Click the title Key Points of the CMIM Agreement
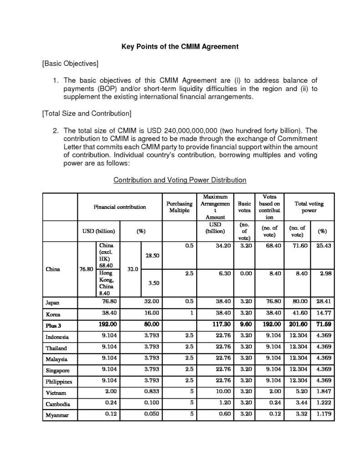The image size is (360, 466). (179, 46)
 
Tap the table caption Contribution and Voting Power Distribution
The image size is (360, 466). (180, 180)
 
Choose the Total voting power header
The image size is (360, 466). (309, 207)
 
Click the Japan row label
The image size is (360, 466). (53, 302)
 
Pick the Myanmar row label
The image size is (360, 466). (57, 415)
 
